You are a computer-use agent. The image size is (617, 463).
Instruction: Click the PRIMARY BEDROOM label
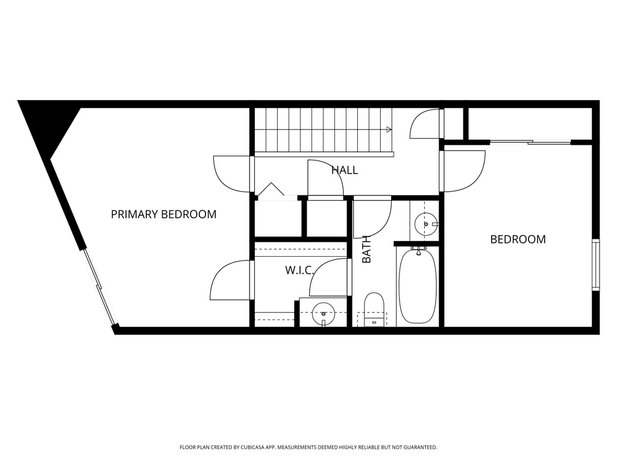pos(163,214)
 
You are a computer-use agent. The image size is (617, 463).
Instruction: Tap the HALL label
pos(345,170)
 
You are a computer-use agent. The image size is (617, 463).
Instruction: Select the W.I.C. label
pos(299,270)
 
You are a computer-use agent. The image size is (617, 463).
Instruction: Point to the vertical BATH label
pos(366,249)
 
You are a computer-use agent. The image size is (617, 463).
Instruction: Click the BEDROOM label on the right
pos(518,239)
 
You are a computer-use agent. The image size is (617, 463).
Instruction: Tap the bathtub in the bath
pos(417,286)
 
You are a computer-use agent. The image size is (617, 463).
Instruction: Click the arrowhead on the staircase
pos(389,129)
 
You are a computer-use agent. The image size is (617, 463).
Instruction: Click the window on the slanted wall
pos(99,288)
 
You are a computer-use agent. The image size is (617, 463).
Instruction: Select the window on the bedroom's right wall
pos(596,265)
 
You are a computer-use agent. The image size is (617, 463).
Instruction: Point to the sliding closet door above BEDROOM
pos(530,142)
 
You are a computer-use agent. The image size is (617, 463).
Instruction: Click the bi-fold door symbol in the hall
pos(271,191)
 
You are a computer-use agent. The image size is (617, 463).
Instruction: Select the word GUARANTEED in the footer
pos(418,447)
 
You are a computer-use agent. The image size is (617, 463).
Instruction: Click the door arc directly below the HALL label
pos(325,178)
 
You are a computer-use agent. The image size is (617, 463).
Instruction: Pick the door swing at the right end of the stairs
pos(426,125)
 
